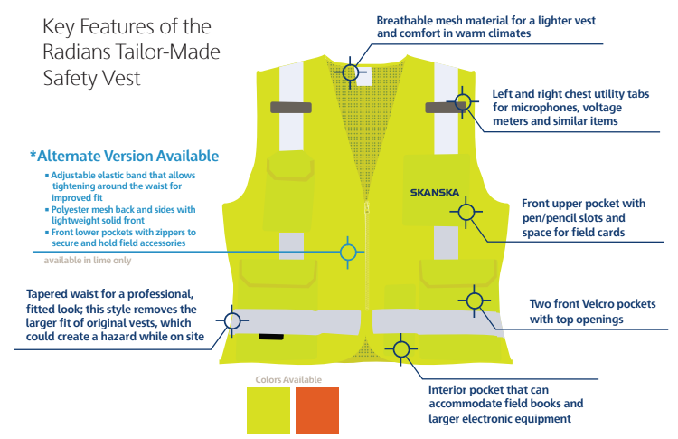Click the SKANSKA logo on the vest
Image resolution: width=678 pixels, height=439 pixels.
(434, 192)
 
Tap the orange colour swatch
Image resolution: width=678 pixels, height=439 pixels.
(316, 410)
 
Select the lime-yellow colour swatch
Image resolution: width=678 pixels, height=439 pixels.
(269, 410)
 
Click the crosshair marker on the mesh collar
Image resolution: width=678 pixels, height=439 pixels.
(350, 70)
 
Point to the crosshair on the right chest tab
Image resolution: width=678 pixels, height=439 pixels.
(463, 105)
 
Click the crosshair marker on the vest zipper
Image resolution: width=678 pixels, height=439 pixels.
(349, 253)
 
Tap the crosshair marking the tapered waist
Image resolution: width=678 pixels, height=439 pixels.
(232, 320)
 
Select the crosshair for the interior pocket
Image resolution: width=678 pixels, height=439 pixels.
(400, 348)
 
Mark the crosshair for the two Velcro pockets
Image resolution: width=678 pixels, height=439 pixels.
(474, 301)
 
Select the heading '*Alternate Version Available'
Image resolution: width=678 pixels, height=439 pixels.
(124, 155)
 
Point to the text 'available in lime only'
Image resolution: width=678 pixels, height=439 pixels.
(88, 261)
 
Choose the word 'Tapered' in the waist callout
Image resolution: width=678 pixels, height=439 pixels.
(53, 294)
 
